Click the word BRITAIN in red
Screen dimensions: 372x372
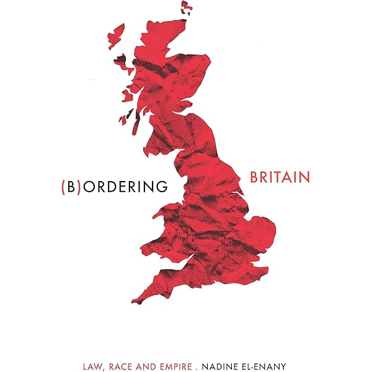tap(280, 177)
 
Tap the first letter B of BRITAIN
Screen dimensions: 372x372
tap(255, 177)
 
